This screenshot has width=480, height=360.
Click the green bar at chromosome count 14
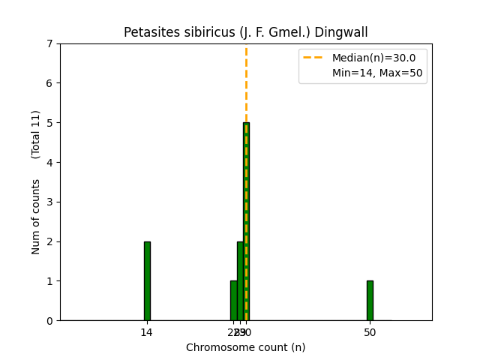147,280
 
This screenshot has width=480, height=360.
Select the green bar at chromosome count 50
370,300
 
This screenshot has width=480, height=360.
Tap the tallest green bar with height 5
246,221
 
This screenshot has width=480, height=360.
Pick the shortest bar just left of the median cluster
233,300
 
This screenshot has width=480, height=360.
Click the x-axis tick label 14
147,332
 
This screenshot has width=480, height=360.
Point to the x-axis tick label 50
370,332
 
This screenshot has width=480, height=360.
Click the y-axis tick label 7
50,43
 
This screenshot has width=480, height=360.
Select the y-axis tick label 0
50,320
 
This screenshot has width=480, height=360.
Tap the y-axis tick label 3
50,202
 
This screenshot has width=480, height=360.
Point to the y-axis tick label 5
50,123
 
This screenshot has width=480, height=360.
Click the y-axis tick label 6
50,83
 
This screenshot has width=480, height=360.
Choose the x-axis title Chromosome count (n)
246,347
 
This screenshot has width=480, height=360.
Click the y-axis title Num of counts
36,217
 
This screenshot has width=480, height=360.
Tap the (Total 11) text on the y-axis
36,134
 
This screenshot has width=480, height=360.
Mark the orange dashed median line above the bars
246,82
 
